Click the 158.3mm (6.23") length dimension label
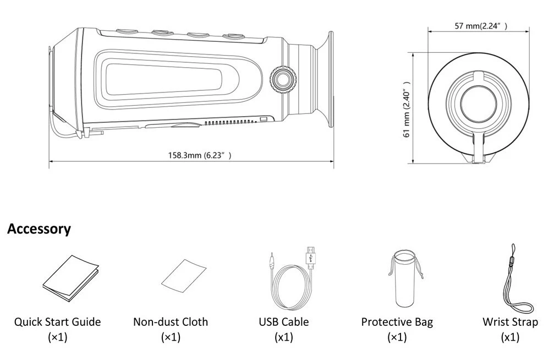199,155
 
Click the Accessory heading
39,229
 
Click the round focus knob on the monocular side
283,78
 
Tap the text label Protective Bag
397,322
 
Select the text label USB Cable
284,322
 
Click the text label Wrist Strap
510,322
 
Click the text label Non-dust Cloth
171,322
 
